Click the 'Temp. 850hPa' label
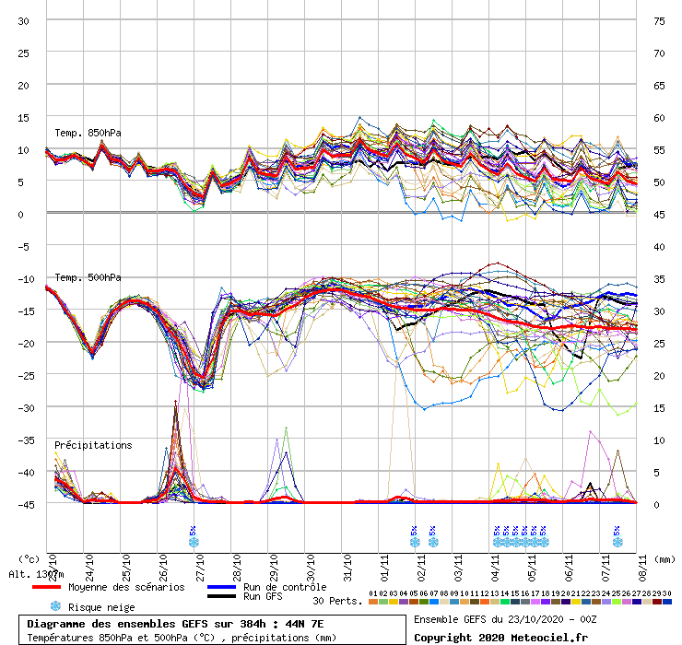[x=88, y=133]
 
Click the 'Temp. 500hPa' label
[x=88, y=277]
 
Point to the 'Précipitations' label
[x=93, y=445]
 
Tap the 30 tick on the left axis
[x=25, y=20]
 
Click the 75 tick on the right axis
[x=659, y=20]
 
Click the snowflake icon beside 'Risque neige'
[x=55, y=606]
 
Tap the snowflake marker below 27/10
[x=194, y=542]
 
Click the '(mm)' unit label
[x=665, y=558]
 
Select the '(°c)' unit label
[x=30, y=558]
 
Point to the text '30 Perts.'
[x=337, y=601]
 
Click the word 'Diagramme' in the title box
[x=57, y=624]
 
